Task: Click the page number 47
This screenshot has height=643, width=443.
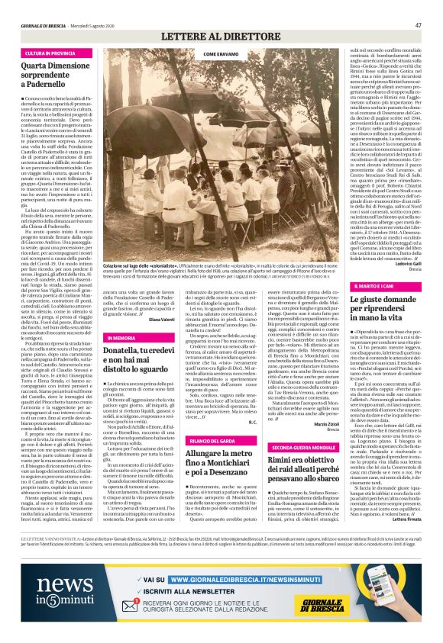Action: click(x=418, y=24)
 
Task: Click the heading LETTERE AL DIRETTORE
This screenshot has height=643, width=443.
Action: click(x=221, y=36)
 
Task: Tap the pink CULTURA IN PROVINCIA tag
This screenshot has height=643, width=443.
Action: click(x=50, y=54)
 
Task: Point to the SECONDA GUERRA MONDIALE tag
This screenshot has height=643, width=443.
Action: click(x=281, y=448)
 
